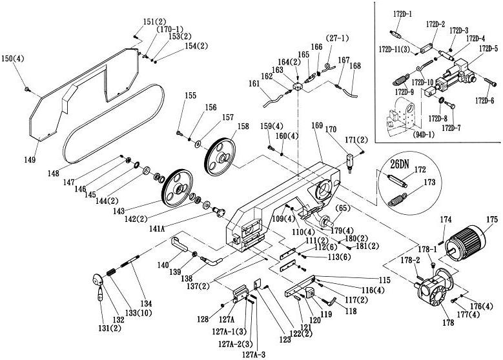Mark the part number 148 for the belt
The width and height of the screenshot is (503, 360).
pyautogui.click(x=54, y=174)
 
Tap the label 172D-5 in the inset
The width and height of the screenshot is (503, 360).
pyautogui.click(x=488, y=48)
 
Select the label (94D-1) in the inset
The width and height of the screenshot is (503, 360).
pyautogui.click(x=404, y=135)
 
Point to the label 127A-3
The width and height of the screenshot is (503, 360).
pyautogui.click(x=252, y=354)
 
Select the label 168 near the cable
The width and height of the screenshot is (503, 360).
pyautogui.click(x=355, y=65)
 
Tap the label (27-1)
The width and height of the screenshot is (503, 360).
pyautogui.click(x=337, y=37)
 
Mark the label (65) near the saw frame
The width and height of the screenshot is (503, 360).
pyautogui.click(x=342, y=208)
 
